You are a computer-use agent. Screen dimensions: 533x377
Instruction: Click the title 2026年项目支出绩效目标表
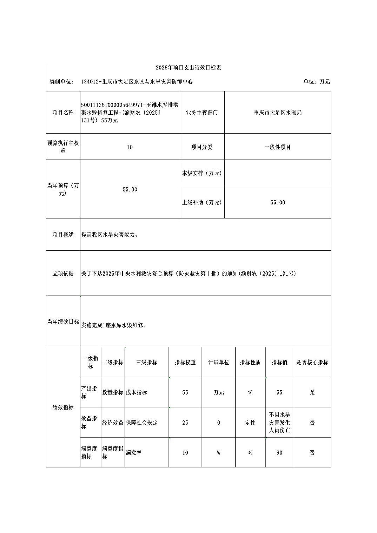point(188,68)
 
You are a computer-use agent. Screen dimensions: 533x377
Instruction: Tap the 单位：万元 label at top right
point(317,82)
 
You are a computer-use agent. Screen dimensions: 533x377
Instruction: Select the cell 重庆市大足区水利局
point(278,113)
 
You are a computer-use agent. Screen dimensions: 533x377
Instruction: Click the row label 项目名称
point(63,113)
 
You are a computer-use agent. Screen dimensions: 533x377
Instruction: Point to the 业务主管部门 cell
point(202,113)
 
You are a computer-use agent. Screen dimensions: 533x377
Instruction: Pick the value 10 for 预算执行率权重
point(130,147)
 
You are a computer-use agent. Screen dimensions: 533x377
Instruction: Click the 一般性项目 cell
point(278,147)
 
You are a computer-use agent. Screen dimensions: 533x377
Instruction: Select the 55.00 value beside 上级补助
point(278,202)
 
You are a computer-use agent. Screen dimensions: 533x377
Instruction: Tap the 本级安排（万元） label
point(202,173)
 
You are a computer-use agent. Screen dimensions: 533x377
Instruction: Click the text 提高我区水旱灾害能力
point(110,235)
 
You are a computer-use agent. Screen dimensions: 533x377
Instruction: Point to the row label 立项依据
point(63,274)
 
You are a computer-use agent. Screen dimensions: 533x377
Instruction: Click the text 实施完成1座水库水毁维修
point(113,325)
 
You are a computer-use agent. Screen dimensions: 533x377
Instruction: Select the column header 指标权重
point(185,363)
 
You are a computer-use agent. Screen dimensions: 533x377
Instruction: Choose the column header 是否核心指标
point(312,363)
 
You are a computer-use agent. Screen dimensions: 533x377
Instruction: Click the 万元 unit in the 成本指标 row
point(218,392)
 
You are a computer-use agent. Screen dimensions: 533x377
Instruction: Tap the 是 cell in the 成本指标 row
point(312,392)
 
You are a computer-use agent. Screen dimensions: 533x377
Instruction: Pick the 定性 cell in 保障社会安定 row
point(250,423)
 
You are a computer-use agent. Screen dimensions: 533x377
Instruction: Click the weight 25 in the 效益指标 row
point(185,423)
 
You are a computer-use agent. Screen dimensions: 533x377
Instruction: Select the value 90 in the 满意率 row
point(279,453)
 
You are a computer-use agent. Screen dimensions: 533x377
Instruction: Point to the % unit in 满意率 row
point(218,453)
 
